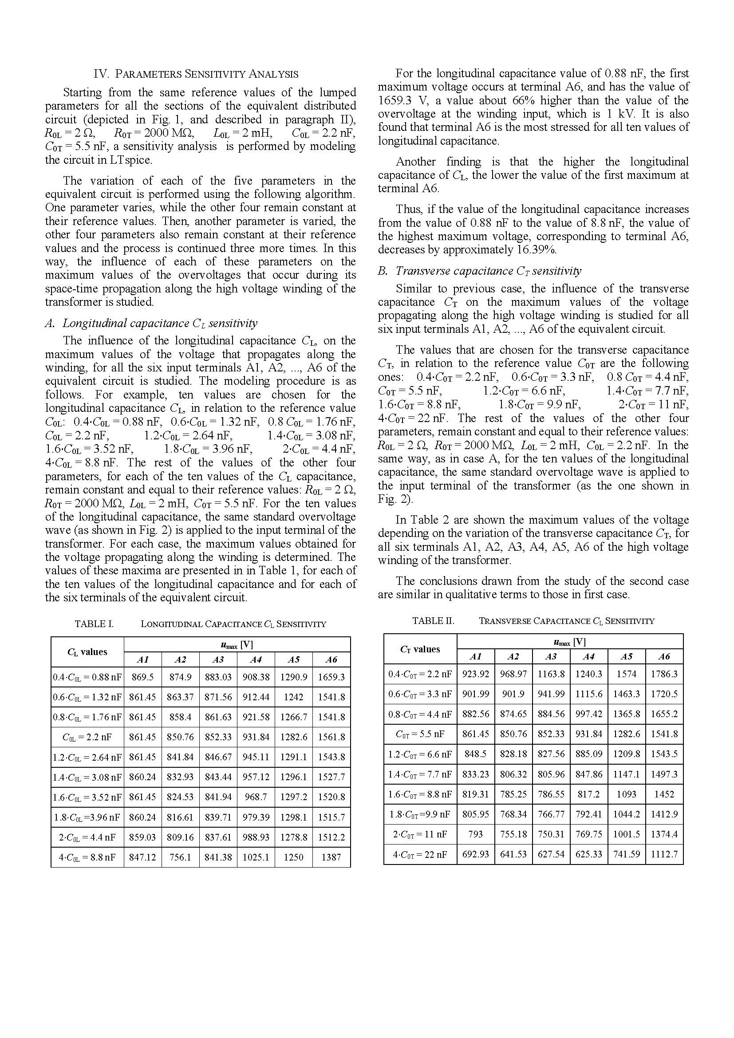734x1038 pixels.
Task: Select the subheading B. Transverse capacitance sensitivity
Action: tap(480, 271)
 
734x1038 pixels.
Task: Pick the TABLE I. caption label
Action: tap(94, 624)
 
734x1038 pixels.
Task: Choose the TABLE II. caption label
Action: tap(433, 621)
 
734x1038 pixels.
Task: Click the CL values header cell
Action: tap(87, 651)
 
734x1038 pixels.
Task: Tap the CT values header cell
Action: tap(420, 649)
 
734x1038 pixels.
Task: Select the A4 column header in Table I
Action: tap(256, 659)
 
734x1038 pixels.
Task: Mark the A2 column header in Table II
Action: tap(513, 656)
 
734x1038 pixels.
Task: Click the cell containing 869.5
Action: tap(143, 677)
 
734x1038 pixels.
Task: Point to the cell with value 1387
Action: tap(331, 856)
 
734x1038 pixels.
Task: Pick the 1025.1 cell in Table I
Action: tap(256, 856)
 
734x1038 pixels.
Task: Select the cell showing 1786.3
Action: tap(664, 674)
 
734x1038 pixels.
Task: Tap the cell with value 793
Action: tap(476, 834)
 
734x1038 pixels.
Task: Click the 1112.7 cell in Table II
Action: tap(664, 854)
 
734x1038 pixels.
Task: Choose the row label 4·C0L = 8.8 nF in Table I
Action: tap(87, 856)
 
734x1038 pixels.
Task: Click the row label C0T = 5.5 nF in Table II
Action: tap(420, 734)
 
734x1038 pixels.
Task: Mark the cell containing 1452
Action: tap(664, 794)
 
